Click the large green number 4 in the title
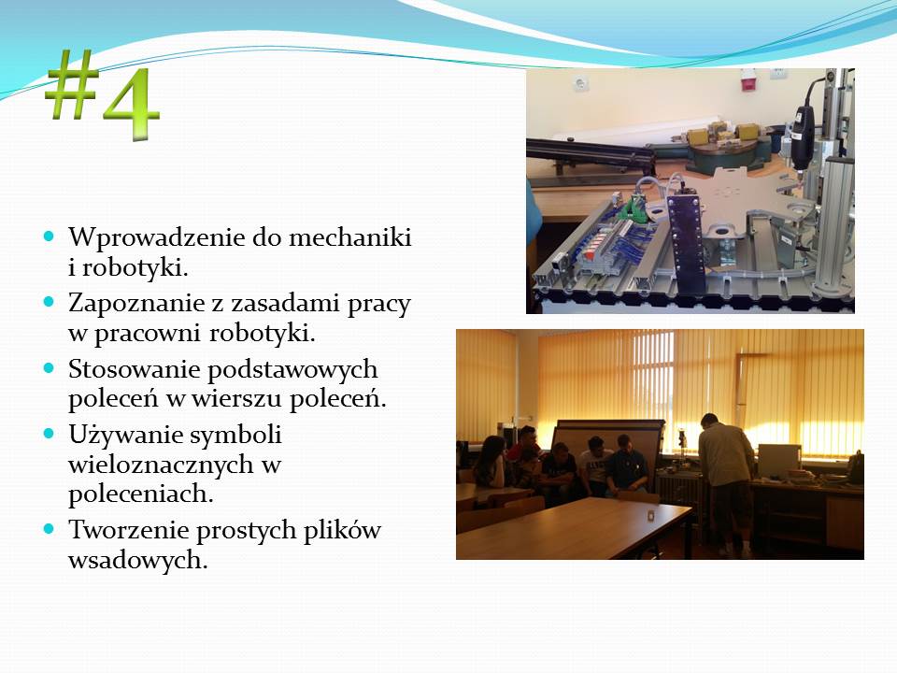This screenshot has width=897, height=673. pos(131,103)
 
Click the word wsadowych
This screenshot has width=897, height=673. pos(137,560)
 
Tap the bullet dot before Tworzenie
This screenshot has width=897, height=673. pos(49,529)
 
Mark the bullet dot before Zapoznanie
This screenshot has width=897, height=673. pos(49,301)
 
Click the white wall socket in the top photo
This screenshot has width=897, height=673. pos(580,84)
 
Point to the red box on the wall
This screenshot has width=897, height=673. pos(748,79)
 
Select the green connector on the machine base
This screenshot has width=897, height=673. pos(635,208)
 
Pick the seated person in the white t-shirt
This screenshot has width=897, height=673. pos(595,465)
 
